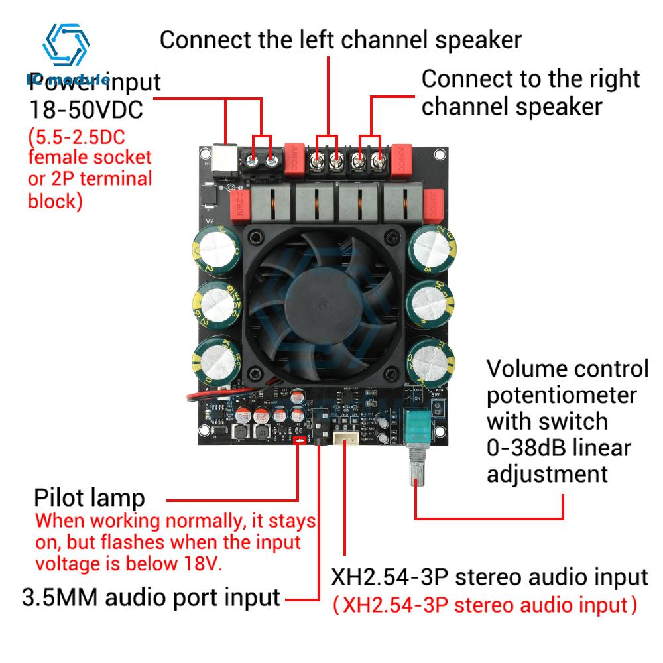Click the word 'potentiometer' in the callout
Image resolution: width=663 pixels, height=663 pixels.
pyautogui.click(x=562, y=395)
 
